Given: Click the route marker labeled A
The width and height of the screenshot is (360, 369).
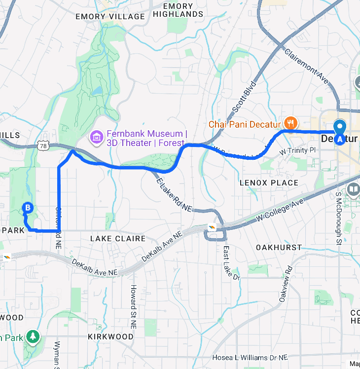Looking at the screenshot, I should [340, 139].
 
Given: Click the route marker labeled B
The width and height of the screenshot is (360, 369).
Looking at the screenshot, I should [28, 208].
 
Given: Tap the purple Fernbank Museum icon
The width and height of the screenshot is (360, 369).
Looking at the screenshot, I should [96, 136].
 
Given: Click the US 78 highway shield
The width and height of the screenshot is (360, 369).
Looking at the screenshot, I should [43, 146].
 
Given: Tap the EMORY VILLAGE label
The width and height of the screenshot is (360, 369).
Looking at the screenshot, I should [110, 17].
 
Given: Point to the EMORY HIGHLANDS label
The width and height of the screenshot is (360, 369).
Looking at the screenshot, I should [178, 10].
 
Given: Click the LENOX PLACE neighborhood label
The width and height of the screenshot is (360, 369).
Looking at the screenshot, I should [269, 183].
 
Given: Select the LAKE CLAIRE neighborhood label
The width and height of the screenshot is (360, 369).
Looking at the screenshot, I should [117, 239].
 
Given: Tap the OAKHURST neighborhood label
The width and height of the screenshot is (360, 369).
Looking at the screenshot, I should [279, 246].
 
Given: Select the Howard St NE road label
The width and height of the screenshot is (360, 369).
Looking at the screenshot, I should [133, 307].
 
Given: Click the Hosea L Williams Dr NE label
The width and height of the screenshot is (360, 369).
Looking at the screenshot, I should [250, 358].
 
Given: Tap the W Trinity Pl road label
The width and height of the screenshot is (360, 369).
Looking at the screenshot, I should [297, 150].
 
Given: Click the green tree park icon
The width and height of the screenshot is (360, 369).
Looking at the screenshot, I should [33, 336].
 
